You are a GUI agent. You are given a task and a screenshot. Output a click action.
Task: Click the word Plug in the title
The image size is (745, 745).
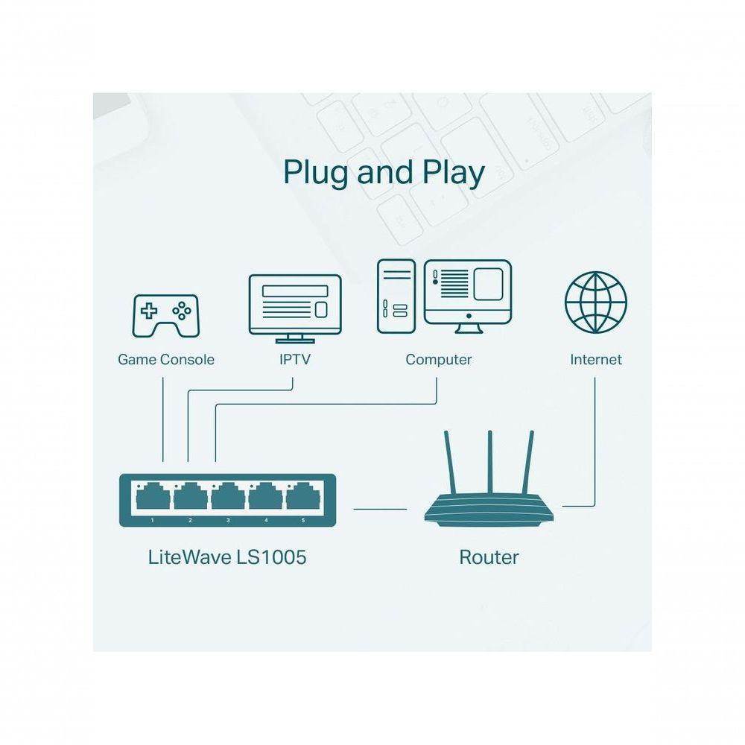pyautogui.click(x=315, y=172)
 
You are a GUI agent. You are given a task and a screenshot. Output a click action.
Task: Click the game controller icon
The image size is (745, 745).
pyautogui.click(x=165, y=315)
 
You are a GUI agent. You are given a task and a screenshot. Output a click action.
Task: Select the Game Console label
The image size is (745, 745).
pyautogui.click(x=165, y=360)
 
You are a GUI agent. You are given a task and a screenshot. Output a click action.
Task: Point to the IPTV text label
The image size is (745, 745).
pyautogui.click(x=294, y=360)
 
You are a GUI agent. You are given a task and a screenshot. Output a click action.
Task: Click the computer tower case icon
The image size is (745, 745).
pyautogui.click(x=396, y=296)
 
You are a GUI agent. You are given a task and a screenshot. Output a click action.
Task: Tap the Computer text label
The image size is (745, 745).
pyautogui.click(x=438, y=360)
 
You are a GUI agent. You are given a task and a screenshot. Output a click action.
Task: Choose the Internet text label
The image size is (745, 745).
pyautogui.click(x=595, y=360)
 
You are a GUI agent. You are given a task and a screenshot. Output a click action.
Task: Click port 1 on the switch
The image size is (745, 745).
pyautogui.click(x=153, y=495)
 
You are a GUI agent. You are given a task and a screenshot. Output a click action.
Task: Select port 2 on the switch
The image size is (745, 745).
pyautogui.click(x=190, y=495)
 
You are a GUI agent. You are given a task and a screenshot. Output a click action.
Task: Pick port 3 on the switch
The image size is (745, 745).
pyautogui.click(x=227, y=495)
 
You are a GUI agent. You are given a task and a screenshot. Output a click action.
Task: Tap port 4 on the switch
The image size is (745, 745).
pyautogui.click(x=264, y=495)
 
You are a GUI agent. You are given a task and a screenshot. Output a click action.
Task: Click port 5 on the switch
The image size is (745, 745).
pyautogui.click(x=302, y=495)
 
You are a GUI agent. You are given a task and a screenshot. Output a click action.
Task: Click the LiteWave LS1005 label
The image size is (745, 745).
pyautogui.click(x=227, y=557)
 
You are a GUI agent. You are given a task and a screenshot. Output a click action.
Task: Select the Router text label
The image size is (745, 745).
pyautogui.click(x=489, y=557)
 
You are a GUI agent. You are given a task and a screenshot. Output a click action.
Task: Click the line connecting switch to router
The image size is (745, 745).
pyautogui.click(x=380, y=510)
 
